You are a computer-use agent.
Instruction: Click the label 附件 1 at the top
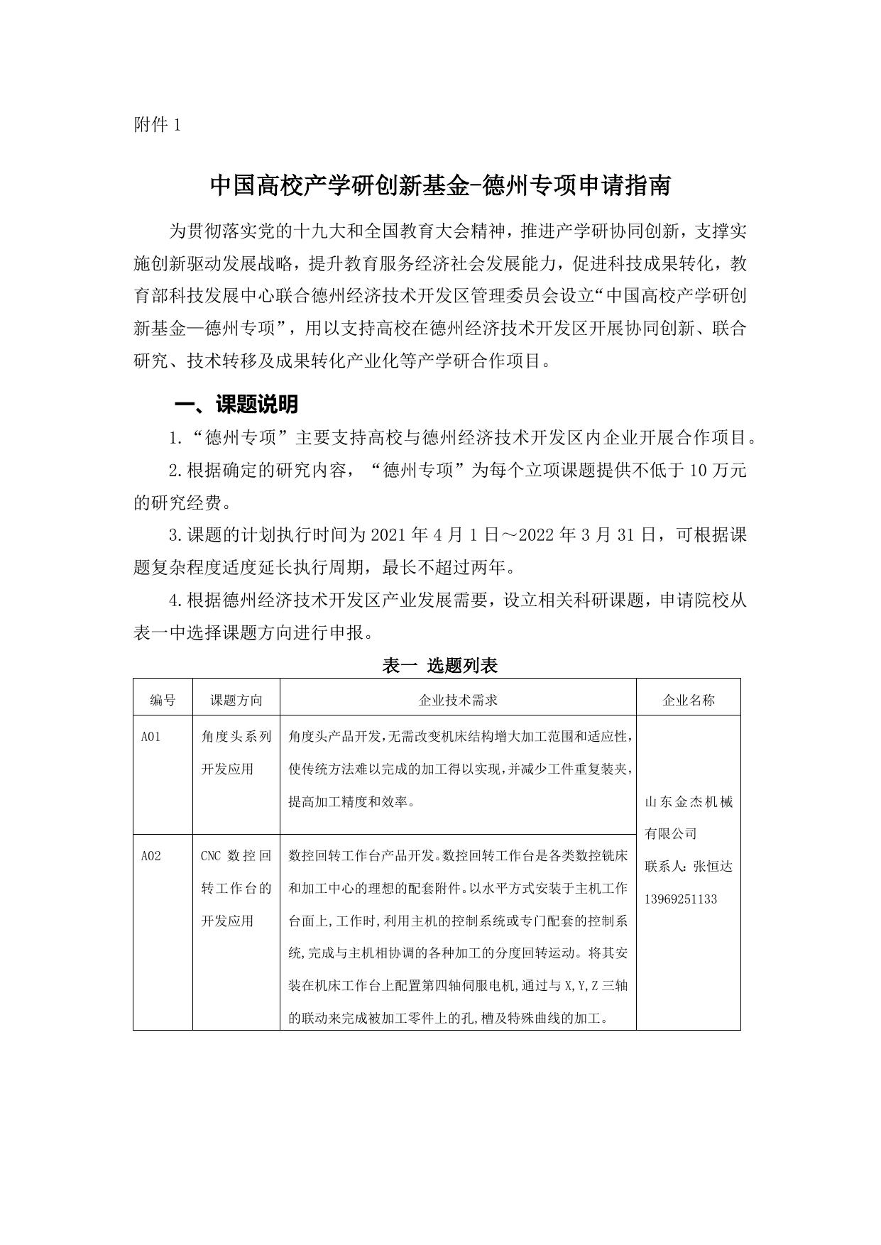tap(157, 126)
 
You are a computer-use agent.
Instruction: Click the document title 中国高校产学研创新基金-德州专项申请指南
tap(440, 186)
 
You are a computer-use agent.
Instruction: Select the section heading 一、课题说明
tap(236, 405)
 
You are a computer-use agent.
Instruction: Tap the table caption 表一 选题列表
tap(440, 665)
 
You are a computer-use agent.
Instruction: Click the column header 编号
tap(163, 700)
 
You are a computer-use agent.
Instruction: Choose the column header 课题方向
tap(236, 700)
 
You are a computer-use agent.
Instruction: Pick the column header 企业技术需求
tap(458, 700)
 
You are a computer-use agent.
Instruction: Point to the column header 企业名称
tap(688, 700)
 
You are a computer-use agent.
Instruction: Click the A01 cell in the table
tap(151, 737)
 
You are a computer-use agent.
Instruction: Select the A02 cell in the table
tap(151, 856)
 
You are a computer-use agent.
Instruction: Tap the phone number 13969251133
tap(680, 899)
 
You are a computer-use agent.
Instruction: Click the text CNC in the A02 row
tap(211, 856)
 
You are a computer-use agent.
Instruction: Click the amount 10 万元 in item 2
tap(718, 471)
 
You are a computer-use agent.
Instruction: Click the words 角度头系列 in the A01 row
tap(236, 737)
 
